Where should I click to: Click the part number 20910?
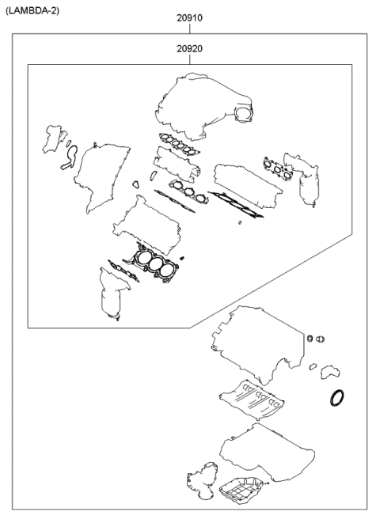coord(190,17)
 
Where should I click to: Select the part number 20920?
coord(190,49)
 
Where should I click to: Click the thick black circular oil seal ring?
coord(337,398)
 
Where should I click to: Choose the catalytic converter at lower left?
coord(110,301)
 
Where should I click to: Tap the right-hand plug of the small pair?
coord(321,340)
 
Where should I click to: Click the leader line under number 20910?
coord(190,28)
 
